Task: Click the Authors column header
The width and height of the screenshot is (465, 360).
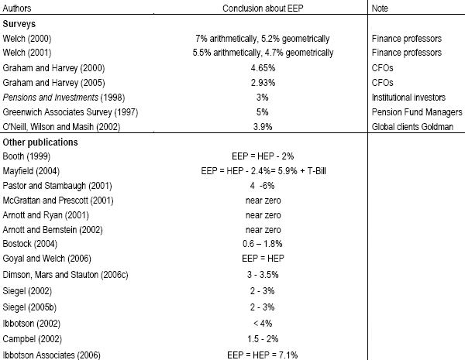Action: pos(17,9)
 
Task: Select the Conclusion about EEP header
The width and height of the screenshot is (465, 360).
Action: pos(263,9)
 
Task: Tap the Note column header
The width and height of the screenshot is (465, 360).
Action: pos(380,9)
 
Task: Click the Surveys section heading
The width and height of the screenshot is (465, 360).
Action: pos(19,24)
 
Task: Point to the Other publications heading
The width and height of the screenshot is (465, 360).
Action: pos(40,142)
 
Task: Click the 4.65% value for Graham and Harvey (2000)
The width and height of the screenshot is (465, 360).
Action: pos(263,68)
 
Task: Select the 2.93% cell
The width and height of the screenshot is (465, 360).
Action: pos(263,83)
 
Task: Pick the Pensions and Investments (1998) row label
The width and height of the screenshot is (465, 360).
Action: pos(64,98)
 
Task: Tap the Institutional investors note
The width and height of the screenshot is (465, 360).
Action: pos(408,98)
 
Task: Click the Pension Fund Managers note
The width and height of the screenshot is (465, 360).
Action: pos(417,112)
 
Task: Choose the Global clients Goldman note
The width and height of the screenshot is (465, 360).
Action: pos(412,127)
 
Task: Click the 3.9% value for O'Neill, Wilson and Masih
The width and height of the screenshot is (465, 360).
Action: pos(263,127)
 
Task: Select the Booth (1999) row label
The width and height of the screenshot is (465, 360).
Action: pos(26,156)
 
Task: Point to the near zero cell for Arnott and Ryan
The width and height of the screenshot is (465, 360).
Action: pos(263,215)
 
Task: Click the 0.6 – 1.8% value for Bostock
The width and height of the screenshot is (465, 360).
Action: pos(263,244)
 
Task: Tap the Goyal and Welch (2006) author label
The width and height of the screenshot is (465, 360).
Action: pos(46,259)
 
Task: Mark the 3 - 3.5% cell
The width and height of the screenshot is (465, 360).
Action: pos(263,275)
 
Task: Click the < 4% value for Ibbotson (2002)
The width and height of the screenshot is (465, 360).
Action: pos(263,324)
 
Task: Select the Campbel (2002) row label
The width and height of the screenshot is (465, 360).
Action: pos(33,339)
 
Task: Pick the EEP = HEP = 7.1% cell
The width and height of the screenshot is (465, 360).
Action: pos(263,355)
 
